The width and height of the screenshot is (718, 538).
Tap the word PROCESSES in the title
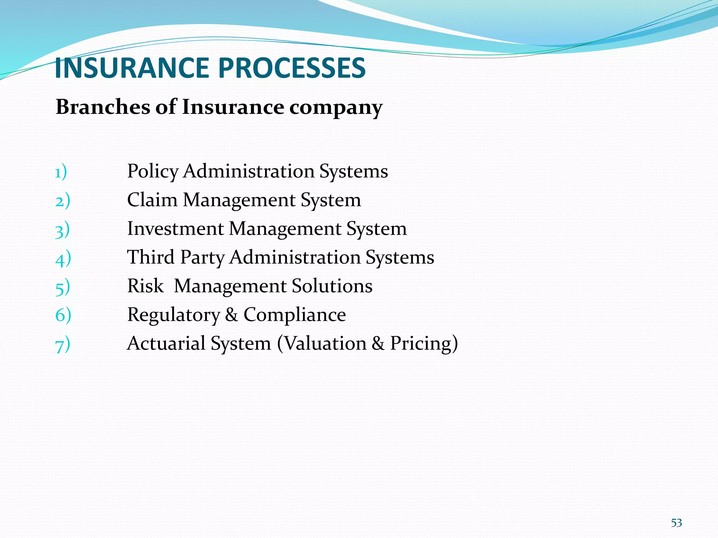click(292, 68)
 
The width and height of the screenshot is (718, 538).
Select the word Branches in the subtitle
click(103, 107)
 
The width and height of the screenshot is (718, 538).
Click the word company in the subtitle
click(336, 108)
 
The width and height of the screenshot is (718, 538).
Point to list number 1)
click(61, 172)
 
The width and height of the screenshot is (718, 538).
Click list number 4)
click(63, 258)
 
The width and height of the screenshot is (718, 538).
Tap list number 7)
click(63, 345)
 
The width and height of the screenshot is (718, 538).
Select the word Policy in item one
click(153, 172)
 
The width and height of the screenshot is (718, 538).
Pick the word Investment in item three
click(175, 229)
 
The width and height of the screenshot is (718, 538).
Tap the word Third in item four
click(151, 257)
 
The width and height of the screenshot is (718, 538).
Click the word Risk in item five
click(145, 286)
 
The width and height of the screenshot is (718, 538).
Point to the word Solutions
click(332, 286)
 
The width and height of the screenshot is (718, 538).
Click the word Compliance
click(294, 315)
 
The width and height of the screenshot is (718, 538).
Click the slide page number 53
click(676, 523)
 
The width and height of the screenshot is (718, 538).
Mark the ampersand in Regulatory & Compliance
click(231, 315)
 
